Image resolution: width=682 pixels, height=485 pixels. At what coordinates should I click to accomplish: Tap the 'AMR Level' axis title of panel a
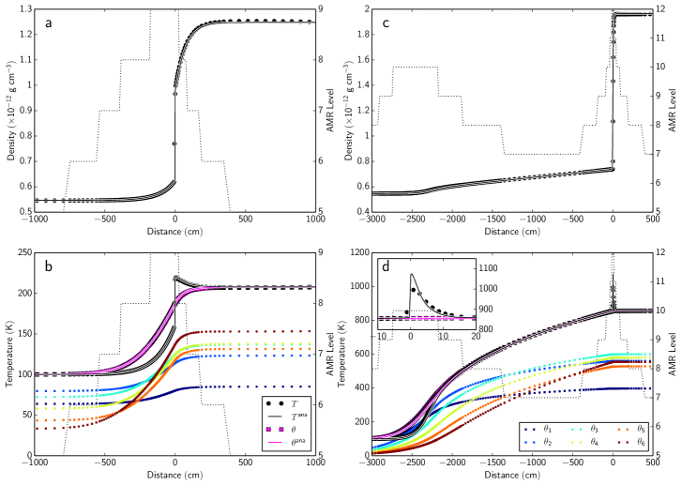point(335,111)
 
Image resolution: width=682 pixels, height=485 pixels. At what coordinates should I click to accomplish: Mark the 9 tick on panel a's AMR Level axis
point(322,9)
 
